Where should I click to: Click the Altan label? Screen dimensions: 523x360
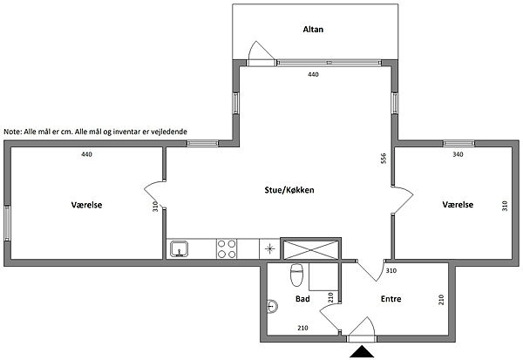pos(313,30)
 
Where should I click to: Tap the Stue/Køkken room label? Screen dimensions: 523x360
pos(289,190)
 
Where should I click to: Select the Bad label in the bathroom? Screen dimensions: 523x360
pos(302,299)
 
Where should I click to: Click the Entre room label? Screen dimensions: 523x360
pos(391,299)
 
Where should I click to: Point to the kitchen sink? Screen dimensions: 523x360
pos(179,249)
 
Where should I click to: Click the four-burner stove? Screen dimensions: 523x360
pos(227,249)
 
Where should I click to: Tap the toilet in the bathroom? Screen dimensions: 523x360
pos(296,275)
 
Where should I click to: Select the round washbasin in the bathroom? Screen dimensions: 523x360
pos(273,306)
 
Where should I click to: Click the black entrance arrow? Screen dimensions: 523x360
pos(362,351)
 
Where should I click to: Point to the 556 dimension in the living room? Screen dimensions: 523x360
pos(384,158)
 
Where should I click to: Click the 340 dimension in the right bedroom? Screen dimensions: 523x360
pos(458,154)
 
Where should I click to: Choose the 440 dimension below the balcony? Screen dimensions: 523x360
pos(313,74)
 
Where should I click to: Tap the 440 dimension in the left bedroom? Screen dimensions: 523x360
pos(86,154)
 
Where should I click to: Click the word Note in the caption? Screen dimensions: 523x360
pos(12,132)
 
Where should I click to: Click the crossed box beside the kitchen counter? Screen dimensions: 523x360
pos(310,249)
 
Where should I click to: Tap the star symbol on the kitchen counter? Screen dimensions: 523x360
pos(269,248)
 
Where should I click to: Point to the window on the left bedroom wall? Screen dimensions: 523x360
pos(7,223)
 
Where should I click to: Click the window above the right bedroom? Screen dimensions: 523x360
pos(458,144)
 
